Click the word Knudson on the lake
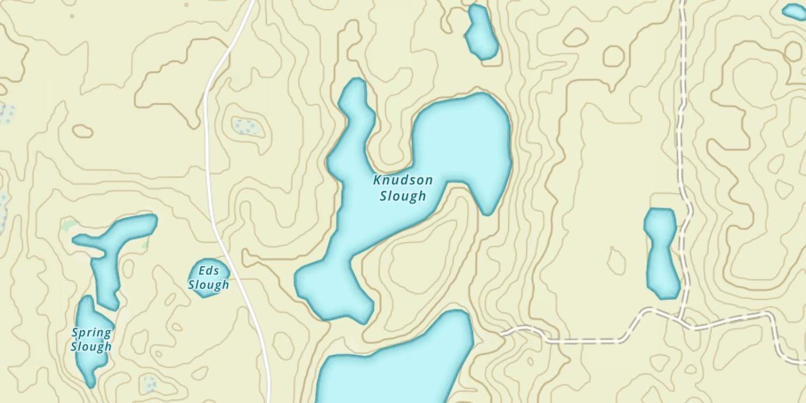pyautogui.click(x=403, y=180)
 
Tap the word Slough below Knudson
pyautogui.click(x=403, y=196)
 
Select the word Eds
pyautogui.click(x=208, y=270)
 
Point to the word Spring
pyautogui.click(x=91, y=333)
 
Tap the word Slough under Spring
pyautogui.click(x=91, y=347)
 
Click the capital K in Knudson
pyautogui.click(x=378, y=180)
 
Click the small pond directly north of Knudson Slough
pyautogui.click(x=481, y=32)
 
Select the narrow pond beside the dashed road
pyautogui.click(x=661, y=253)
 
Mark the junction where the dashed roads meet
pyautogui.click(x=681, y=319)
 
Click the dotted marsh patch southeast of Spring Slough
pyautogui.click(x=148, y=383)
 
